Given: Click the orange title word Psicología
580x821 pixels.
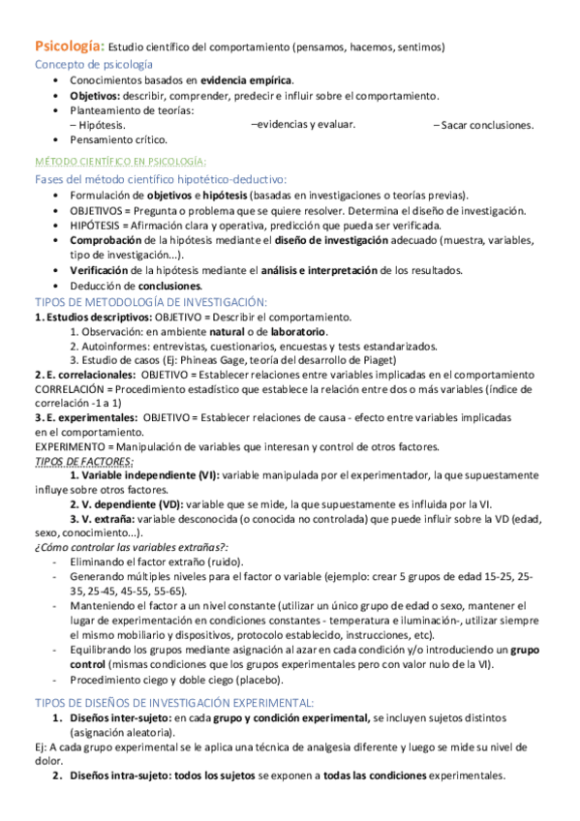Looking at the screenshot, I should (x=68, y=46).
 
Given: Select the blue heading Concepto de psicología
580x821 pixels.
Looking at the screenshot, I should (x=93, y=64).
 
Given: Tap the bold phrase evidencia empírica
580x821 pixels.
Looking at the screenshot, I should (x=246, y=80).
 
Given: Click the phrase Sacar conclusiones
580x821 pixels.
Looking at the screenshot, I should (x=487, y=125).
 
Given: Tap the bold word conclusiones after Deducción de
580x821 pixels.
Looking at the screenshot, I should (x=169, y=286).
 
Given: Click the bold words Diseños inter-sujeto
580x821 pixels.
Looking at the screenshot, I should (x=119, y=717).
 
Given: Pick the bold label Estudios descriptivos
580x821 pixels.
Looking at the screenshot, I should (x=79, y=317).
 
